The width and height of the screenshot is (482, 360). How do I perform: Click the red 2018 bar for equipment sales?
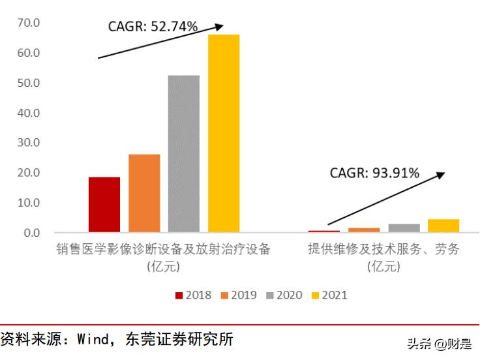pyautogui.click(x=104, y=204)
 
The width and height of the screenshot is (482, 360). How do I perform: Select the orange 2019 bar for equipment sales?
pyautogui.click(x=144, y=193)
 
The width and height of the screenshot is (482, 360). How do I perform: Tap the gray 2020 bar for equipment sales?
pyautogui.click(x=183, y=153)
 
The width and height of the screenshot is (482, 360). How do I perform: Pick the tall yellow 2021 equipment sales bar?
pyautogui.click(x=224, y=133)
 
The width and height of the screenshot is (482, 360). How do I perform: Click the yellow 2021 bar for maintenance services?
pyautogui.click(x=444, y=226)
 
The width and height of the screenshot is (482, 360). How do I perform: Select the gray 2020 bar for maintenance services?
pyautogui.click(x=404, y=228)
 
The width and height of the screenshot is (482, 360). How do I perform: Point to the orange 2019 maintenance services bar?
pyautogui.click(x=364, y=230)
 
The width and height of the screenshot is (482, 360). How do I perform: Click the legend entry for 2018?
pyautogui.click(x=193, y=295)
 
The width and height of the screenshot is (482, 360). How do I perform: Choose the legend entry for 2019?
pyautogui.click(x=239, y=295)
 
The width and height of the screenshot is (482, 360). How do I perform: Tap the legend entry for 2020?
pyautogui.click(x=284, y=295)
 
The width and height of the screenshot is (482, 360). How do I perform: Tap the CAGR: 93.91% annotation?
pyautogui.click(x=374, y=173)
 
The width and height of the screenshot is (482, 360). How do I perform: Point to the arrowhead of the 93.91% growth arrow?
pyautogui.click(x=441, y=174)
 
